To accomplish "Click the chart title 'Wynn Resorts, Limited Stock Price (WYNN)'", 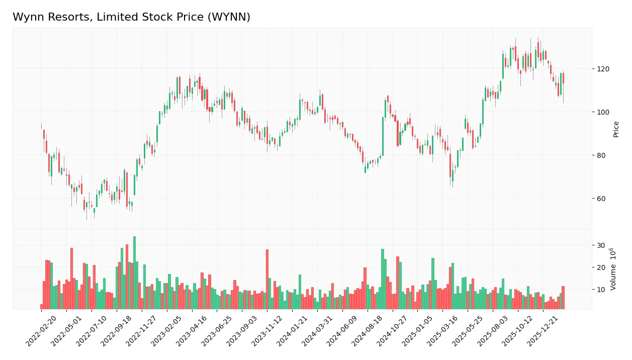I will click(x=131, y=17).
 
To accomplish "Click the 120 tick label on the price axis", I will click(x=603, y=69).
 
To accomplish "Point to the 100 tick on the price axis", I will click(x=603, y=112).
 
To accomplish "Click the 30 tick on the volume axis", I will click(x=601, y=245).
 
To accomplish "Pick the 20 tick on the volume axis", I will click(x=601, y=267).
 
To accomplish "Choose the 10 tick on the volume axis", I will click(x=601, y=290).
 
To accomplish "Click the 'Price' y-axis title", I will click(x=616, y=129).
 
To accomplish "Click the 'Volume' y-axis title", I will click(x=613, y=269).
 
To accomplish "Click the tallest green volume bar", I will click(x=134, y=273).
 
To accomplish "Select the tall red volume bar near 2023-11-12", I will click(x=267, y=279).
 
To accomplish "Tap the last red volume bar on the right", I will click(x=563, y=298).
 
